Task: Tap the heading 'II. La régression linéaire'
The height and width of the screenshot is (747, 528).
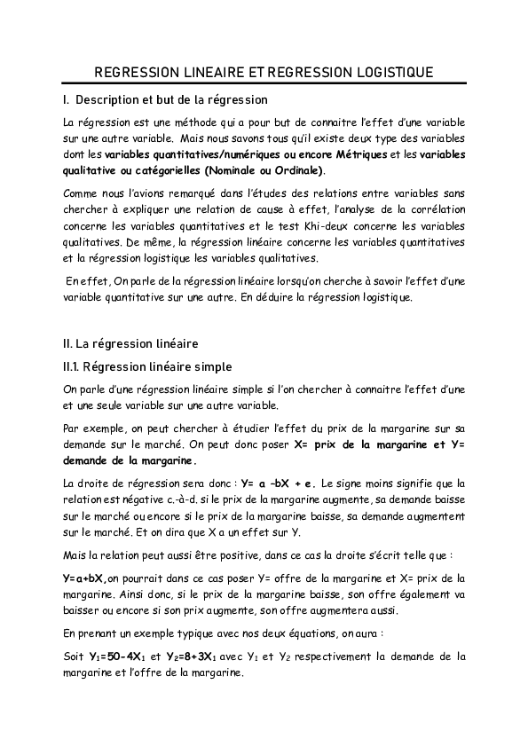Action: (131, 342)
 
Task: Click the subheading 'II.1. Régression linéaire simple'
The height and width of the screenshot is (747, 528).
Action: (136, 366)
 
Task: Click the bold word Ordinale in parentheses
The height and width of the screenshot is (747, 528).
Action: (298, 169)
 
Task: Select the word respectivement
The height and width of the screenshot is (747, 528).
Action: (319, 657)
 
